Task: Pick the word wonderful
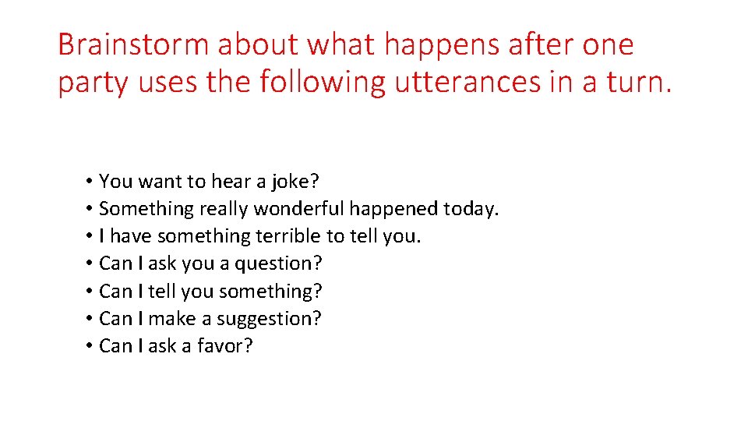click(298, 209)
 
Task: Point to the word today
click(471, 209)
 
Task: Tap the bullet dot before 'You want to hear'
click(90, 182)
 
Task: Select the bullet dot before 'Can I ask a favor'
click(90, 346)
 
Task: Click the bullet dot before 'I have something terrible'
click(90, 236)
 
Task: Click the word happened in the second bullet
click(393, 209)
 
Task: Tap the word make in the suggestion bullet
click(171, 319)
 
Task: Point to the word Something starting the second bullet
click(146, 209)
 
